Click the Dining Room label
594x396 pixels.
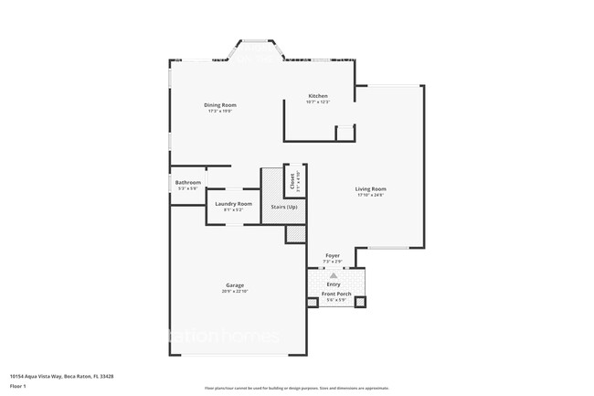pyautogui.click(x=218, y=105)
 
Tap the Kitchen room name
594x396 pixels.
pyautogui.click(x=318, y=96)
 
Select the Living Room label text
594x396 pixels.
pyautogui.click(x=370, y=189)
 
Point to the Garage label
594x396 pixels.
pyautogui.click(x=235, y=285)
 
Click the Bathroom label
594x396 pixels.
pyautogui.click(x=188, y=182)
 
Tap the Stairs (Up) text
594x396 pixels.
pyautogui.click(x=284, y=207)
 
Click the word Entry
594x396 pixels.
pyautogui.click(x=334, y=284)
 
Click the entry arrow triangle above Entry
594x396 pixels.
pyautogui.click(x=334, y=274)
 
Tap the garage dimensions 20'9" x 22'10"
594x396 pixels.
pyautogui.click(x=235, y=291)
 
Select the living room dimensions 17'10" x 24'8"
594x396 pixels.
pyautogui.click(x=370, y=195)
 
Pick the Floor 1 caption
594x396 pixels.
pyautogui.click(x=17, y=386)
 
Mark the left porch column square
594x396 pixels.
pyautogui.click(x=313, y=302)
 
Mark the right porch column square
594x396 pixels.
pyautogui.click(x=360, y=302)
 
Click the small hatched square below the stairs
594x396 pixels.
pyautogui.click(x=295, y=234)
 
